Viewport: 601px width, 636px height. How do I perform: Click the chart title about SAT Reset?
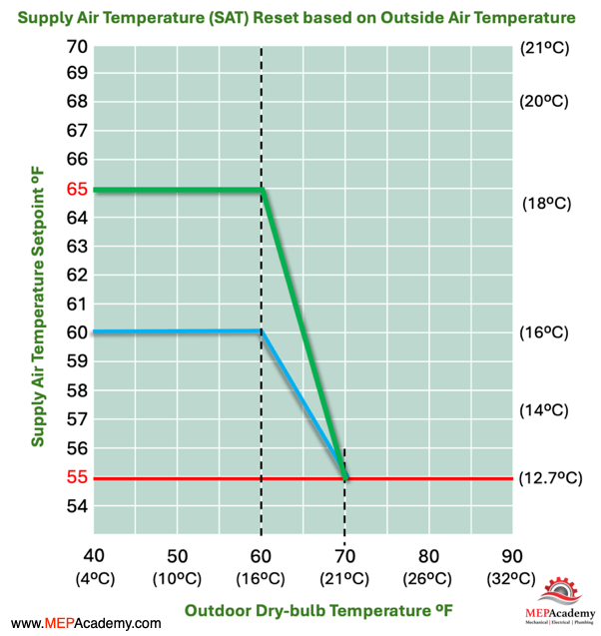tap(297, 17)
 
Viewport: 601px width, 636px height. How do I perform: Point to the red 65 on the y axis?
tap(77, 189)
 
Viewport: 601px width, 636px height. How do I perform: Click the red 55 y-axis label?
tap(77, 477)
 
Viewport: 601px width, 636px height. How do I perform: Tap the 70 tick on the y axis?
tap(77, 47)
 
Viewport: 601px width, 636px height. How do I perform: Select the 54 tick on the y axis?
tap(77, 506)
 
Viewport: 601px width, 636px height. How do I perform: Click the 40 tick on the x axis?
tap(94, 556)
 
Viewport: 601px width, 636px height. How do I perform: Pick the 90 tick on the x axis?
tap(512, 556)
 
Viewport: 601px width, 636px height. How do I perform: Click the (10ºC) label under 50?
tap(178, 578)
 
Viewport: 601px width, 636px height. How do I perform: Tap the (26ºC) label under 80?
tap(427, 578)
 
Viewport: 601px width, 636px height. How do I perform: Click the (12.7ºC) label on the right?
tap(551, 478)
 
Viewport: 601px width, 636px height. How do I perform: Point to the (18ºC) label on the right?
tap(547, 204)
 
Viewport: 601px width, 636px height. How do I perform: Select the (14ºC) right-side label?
tap(544, 410)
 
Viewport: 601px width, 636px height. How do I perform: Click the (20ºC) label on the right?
tap(544, 101)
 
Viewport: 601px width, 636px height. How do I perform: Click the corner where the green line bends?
tap(263, 190)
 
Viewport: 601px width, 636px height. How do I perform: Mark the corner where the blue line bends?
tap(262, 331)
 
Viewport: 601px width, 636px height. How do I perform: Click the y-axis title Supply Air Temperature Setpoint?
tap(38, 307)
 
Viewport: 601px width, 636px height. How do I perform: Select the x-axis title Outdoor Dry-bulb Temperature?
tap(318, 610)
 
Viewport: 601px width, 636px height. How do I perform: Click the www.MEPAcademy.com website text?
tap(86, 623)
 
